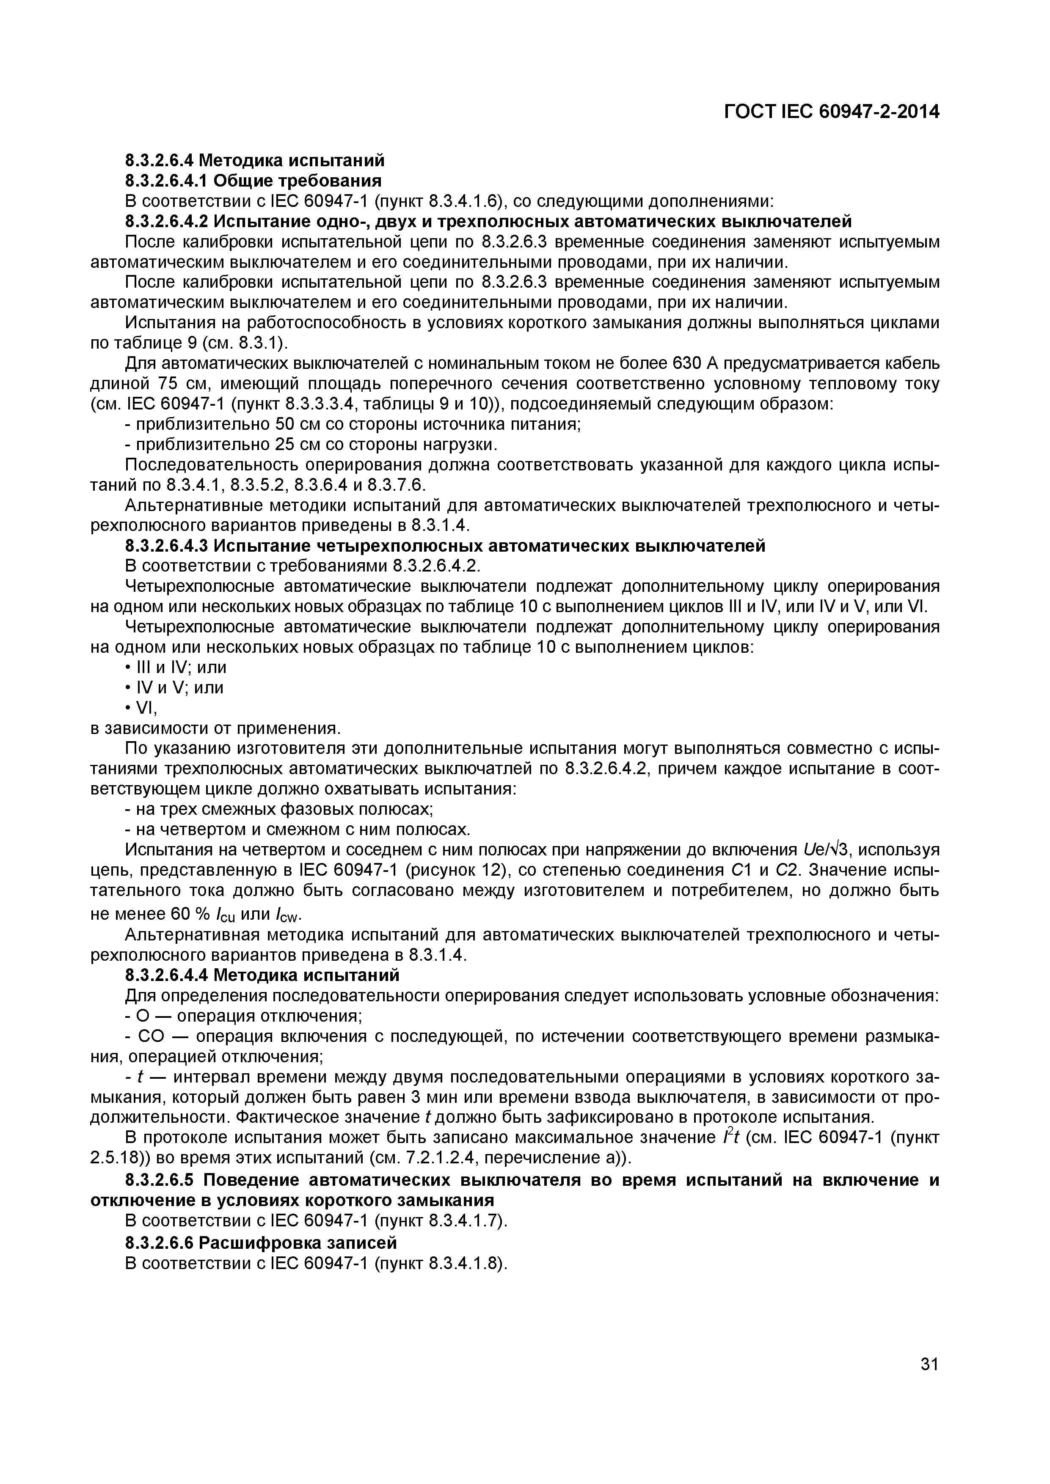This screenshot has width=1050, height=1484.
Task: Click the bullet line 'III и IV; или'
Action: click(176, 668)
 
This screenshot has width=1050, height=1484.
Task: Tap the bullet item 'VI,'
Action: click(142, 709)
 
